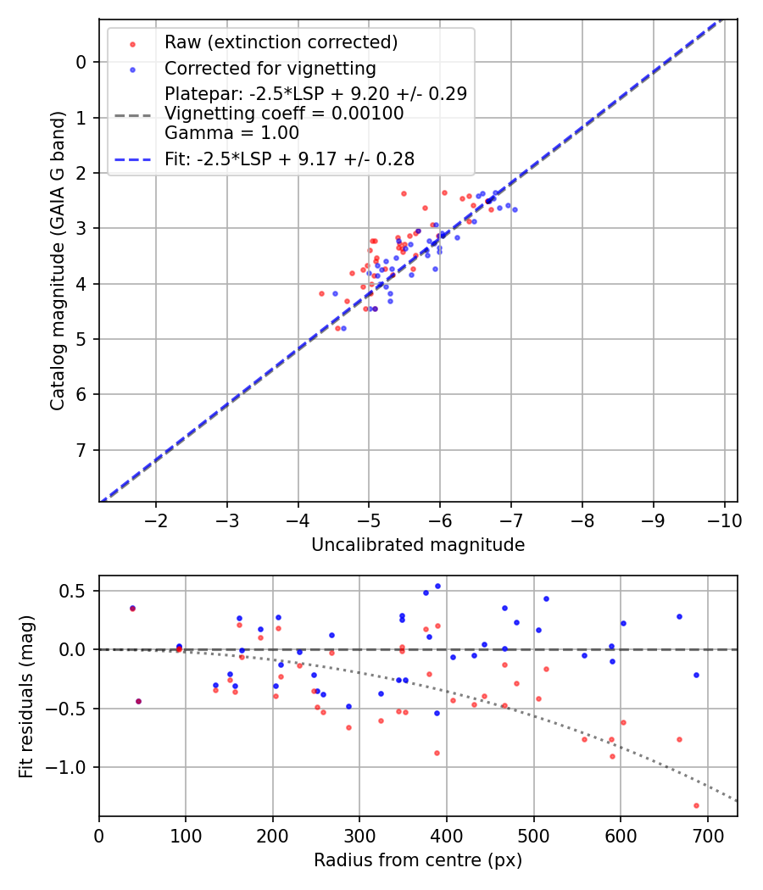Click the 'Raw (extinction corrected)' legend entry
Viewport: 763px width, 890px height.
coord(281,42)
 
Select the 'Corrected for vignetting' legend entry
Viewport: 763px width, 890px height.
coord(270,68)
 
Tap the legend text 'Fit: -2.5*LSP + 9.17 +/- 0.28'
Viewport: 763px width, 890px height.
coord(289,158)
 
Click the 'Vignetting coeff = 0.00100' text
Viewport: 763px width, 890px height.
coord(284,113)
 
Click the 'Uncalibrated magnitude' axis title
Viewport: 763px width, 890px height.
coord(418,545)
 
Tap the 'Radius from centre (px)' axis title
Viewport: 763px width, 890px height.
coord(418,860)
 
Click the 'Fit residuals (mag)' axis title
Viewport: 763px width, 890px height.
coord(26,696)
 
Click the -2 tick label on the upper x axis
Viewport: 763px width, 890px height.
coord(156,519)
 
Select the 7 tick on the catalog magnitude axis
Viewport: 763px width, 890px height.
coord(81,450)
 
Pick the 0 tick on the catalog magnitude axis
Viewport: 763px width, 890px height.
coord(81,62)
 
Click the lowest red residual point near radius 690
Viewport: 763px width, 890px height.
coord(696,805)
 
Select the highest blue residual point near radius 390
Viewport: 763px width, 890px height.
coord(437,586)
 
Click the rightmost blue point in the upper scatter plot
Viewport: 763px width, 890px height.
coord(515,209)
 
